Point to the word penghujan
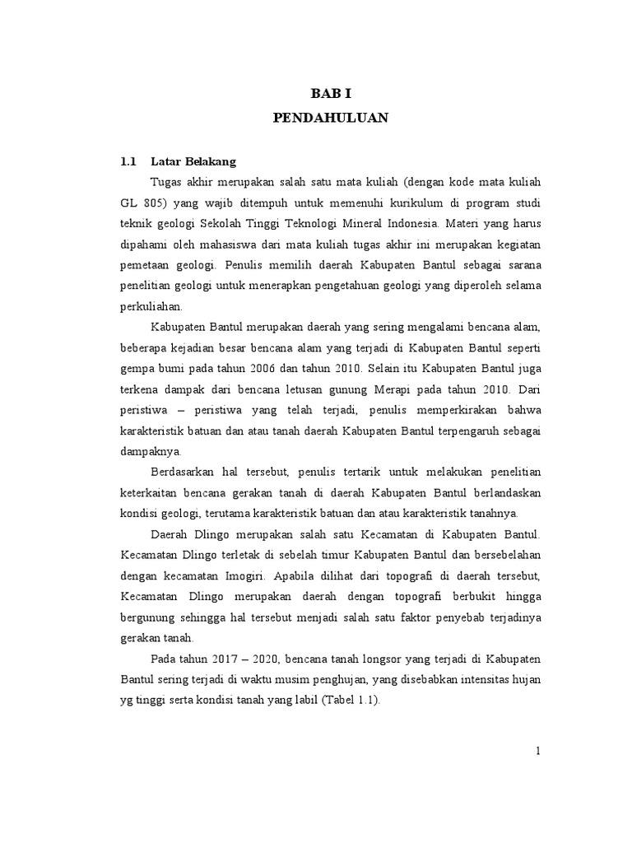click(x=325, y=679)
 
